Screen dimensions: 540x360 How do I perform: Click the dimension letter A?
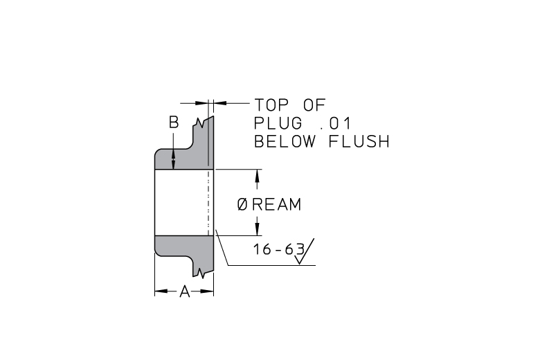click(x=185, y=291)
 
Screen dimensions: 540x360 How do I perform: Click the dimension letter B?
click(x=174, y=123)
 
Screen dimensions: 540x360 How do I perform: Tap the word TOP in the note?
click(x=271, y=105)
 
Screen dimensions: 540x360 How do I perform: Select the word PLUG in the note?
click(x=278, y=123)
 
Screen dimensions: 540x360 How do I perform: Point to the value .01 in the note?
click(x=335, y=123)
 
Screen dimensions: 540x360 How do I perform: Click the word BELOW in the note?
click(x=285, y=141)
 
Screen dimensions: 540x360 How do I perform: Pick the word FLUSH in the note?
click(x=359, y=141)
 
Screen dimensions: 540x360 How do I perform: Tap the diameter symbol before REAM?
click(x=242, y=205)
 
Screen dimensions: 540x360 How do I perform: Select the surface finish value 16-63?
click(x=279, y=249)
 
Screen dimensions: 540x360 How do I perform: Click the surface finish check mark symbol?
click(x=304, y=251)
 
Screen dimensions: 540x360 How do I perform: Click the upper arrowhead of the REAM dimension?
click(x=257, y=176)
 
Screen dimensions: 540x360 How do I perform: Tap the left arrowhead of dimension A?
click(x=161, y=291)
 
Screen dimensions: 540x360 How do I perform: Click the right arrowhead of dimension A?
click(x=207, y=291)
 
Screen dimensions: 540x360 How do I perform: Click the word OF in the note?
click(x=314, y=105)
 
